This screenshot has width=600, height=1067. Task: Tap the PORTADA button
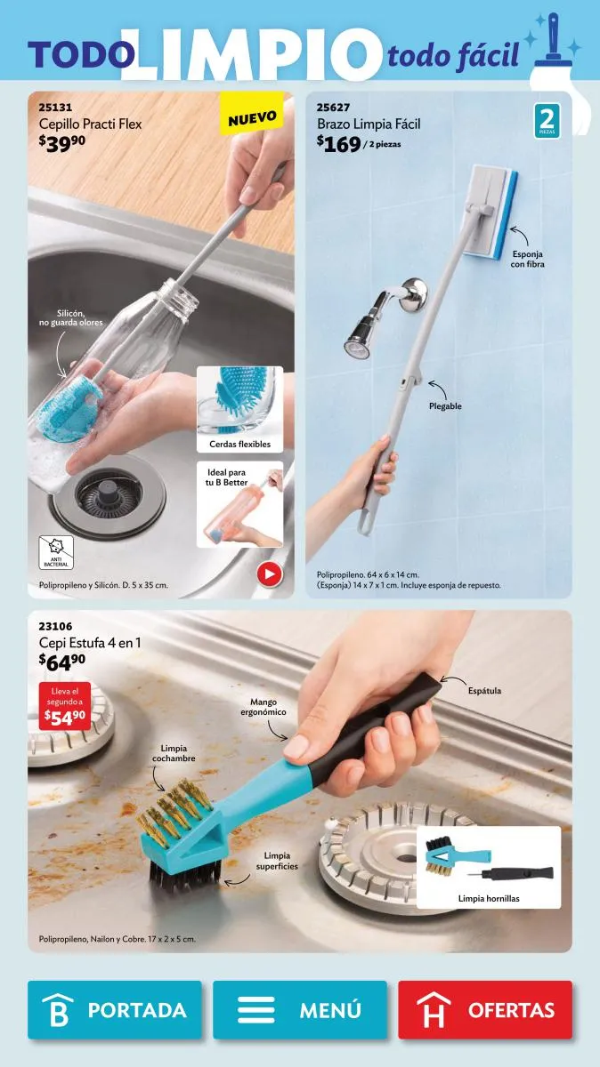115,1010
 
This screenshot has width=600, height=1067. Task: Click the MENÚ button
300,1010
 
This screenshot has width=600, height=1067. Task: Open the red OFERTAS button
485,1010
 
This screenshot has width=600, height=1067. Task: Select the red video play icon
270,574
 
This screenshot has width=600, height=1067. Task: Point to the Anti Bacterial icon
56,552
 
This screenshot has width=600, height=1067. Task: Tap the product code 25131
55,108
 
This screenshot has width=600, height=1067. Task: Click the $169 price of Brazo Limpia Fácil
338,144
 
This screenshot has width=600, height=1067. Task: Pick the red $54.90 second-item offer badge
65,706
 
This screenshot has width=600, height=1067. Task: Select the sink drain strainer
109,497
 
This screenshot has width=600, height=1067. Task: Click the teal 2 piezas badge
547,121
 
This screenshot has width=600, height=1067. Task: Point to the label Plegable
445,406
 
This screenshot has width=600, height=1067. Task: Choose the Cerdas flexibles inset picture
239,409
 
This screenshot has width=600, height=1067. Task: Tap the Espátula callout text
484,691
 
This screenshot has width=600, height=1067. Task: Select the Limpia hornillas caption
489,899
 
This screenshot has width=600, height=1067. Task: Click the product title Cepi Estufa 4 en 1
90,643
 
